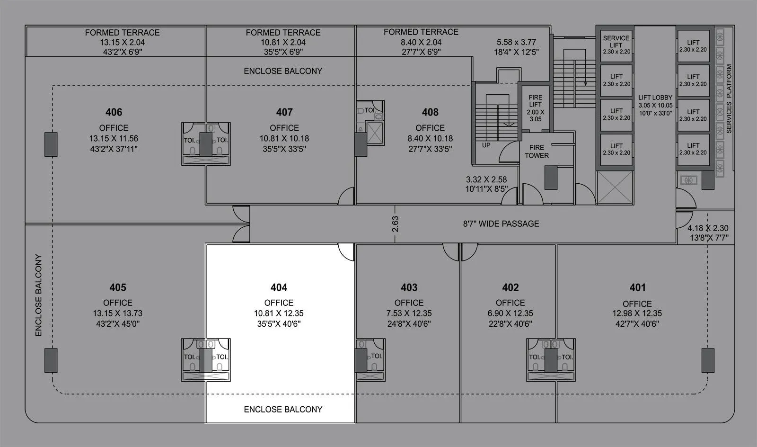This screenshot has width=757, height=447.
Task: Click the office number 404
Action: click(x=279, y=287)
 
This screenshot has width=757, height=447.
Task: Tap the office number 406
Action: click(x=114, y=112)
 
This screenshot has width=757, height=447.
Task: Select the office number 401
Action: click(x=637, y=287)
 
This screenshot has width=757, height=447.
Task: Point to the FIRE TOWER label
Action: click(x=537, y=152)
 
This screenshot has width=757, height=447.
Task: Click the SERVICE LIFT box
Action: click(x=616, y=45)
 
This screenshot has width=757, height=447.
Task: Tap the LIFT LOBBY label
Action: click(x=655, y=98)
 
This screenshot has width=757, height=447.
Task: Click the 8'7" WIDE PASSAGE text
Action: click(x=501, y=223)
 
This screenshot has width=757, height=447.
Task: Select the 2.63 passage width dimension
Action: click(x=396, y=224)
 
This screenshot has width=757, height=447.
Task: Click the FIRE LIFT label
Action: click(x=536, y=101)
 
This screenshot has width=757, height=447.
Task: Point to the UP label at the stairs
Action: click(x=486, y=145)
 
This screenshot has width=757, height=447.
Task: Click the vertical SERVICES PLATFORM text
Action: click(x=729, y=98)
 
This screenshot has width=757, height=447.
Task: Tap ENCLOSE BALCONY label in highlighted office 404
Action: click(x=283, y=409)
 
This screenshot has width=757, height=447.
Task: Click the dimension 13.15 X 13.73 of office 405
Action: click(x=117, y=313)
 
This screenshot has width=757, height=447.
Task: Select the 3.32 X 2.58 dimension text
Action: click(x=486, y=179)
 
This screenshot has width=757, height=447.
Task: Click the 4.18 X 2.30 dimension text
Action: click(x=708, y=228)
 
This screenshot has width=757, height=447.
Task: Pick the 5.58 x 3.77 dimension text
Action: click(x=516, y=42)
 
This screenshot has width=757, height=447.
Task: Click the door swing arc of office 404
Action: click(x=346, y=253)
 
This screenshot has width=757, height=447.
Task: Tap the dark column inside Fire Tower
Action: click(x=550, y=178)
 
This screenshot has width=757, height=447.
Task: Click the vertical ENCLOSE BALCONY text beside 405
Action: click(x=38, y=295)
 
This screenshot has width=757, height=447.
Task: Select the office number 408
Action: click(x=430, y=112)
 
